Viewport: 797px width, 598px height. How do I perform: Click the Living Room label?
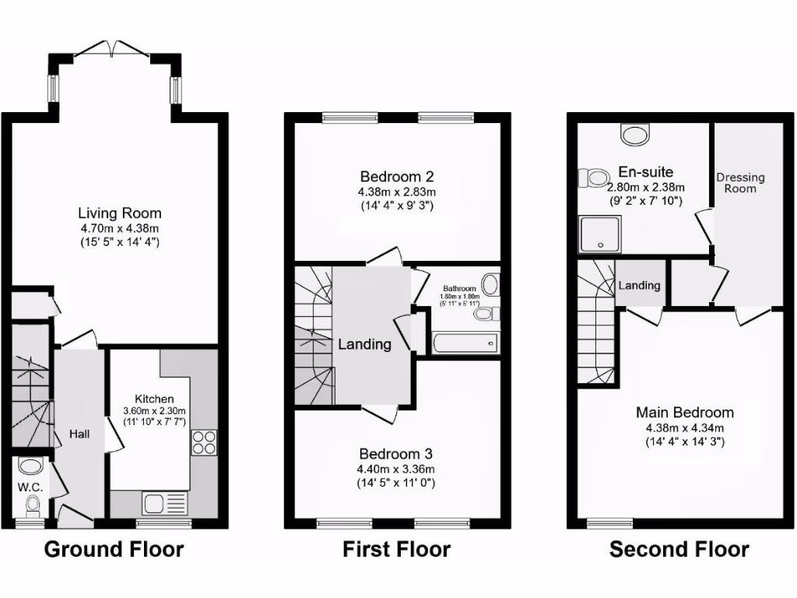point(119,213)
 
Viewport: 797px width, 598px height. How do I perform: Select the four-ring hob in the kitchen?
point(205,442)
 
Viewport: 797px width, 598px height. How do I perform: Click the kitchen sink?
point(154,503)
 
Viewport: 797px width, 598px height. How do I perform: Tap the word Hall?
point(80,434)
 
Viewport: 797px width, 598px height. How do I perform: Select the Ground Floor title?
point(114,550)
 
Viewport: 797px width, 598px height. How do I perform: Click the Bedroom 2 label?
point(396,176)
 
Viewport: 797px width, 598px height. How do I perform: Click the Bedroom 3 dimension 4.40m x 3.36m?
point(396,469)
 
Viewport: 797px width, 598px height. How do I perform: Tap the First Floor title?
point(396,550)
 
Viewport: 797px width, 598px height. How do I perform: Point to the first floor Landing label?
point(364,343)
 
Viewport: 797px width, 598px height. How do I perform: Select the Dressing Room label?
point(740,183)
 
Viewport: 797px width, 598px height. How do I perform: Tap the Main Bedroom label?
point(684,413)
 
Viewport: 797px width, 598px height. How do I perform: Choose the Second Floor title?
point(679,550)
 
